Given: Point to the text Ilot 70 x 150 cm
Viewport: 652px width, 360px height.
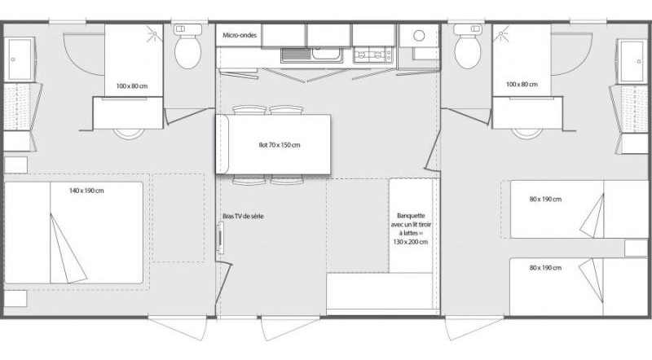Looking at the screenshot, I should [273, 145].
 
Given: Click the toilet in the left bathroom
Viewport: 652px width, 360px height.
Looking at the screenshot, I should [188, 50].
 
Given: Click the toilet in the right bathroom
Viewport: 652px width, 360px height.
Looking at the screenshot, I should [468, 50].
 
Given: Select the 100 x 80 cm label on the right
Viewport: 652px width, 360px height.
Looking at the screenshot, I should [522, 85].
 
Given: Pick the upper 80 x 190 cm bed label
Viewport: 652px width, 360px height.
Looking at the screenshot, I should [544, 200].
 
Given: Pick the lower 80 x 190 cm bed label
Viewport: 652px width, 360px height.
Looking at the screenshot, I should [544, 267].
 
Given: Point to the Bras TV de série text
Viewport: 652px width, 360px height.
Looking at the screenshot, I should [243, 216].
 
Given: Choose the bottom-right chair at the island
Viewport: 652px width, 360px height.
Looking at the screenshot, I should [285, 179].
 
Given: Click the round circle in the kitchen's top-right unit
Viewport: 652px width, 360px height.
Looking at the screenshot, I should [420, 37].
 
